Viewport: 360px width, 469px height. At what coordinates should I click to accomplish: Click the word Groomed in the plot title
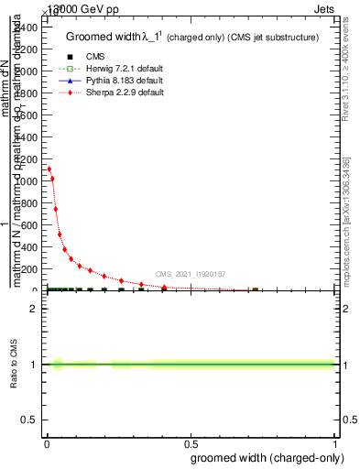(87, 38)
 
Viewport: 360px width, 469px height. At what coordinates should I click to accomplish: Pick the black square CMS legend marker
(70, 57)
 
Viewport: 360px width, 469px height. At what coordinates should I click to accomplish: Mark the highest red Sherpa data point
(49, 169)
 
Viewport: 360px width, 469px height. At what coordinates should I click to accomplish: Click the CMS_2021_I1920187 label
(190, 274)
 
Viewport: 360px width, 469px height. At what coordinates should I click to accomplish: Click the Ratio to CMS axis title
(15, 365)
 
